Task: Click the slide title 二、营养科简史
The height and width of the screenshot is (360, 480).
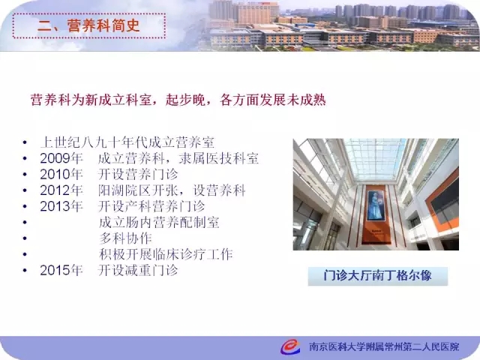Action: pos(88,25)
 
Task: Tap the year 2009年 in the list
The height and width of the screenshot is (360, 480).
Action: pos(61,158)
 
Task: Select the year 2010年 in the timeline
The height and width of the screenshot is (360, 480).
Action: pos(61,174)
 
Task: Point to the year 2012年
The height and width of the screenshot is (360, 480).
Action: pos(61,190)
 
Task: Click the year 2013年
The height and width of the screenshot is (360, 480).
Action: pos(61,206)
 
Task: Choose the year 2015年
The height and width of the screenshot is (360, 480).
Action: pos(61,270)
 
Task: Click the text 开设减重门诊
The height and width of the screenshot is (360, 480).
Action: pos(138,270)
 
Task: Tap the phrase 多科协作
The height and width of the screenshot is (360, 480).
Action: pos(125,238)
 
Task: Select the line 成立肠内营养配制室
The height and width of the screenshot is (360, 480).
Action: pos(159,222)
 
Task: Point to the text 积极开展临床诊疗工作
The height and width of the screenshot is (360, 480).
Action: pos(166,254)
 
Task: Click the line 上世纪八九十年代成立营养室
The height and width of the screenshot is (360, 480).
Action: pos(127,142)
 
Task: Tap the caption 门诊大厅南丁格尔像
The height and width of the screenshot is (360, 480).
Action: pos(378,275)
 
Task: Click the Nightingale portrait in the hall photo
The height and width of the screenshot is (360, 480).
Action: pos(376,205)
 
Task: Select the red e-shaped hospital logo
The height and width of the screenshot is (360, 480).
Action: pos(290,346)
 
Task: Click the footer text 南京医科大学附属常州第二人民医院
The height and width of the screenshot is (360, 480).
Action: pos(384,346)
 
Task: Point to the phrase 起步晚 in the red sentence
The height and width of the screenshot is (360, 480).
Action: pos(185,100)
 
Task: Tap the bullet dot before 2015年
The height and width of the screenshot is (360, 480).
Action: pos(25,270)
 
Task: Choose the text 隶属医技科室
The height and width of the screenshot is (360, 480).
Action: pos(219,158)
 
